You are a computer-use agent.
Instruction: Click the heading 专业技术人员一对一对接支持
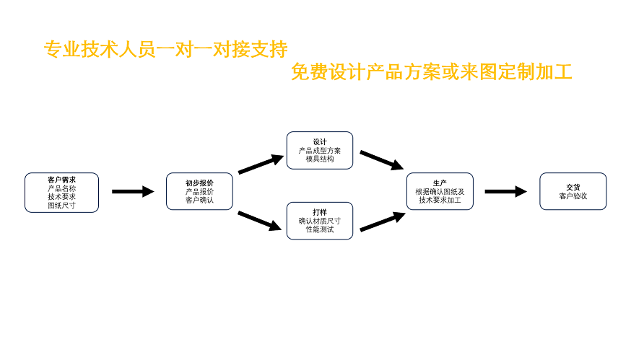(166, 49)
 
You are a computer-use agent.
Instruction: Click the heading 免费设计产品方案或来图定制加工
(431, 72)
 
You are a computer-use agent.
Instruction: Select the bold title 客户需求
(61, 180)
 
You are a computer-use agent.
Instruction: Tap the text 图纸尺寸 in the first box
(61, 206)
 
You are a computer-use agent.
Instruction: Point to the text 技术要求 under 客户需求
(61, 197)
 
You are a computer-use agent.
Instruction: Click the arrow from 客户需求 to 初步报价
(133, 191)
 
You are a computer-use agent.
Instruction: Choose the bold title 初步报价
(199, 183)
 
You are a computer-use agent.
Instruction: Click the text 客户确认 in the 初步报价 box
(199, 200)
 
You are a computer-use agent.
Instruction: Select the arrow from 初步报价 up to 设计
(260, 164)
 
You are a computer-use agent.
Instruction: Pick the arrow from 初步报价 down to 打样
(260, 220)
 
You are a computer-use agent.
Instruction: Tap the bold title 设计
(320, 141)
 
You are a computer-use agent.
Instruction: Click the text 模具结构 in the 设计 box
(320, 159)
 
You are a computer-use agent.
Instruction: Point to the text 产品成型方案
(320, 150)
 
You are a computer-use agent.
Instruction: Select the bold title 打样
(320, 212)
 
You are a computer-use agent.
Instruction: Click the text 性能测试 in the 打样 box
(320, 229)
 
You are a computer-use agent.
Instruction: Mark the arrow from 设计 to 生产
(381, 160)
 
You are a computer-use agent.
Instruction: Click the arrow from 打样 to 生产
(381, 222)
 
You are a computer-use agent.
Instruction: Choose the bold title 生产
(440, 183)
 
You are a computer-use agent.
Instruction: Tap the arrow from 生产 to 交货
(505, 191)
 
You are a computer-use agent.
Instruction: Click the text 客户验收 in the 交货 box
(573, 196)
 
